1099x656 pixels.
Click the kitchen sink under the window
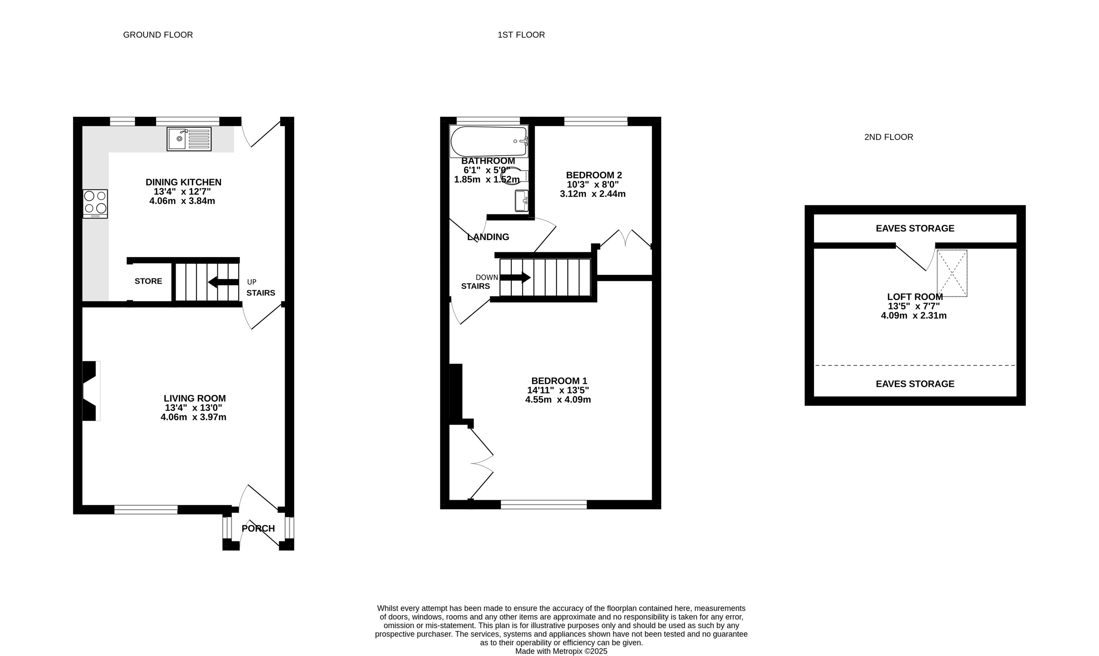coord(189,139)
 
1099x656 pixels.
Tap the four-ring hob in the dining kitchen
coord(95,204)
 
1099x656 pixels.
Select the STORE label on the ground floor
coord(149,281)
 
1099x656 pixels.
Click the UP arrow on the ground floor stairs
coord(223,282)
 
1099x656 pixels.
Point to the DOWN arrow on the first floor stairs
coord(515,278)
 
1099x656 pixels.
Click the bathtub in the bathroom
coord(489,141)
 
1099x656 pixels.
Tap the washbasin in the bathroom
coord(522,201)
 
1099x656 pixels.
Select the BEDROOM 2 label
coord(594,175)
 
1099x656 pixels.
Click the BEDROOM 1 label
coord(559,381)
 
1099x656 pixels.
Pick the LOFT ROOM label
coord(915,297)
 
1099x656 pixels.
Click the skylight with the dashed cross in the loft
coord(952,273)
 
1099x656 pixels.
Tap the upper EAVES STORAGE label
coord(915,228)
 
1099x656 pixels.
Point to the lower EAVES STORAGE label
coord(915,384)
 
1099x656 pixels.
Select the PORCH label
coord(258,528)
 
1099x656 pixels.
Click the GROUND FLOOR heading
coord(158,35)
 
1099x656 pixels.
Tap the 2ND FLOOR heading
coord(889,137)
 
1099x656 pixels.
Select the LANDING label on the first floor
coord(488,237)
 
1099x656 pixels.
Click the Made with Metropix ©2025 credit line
coord(561,651)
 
